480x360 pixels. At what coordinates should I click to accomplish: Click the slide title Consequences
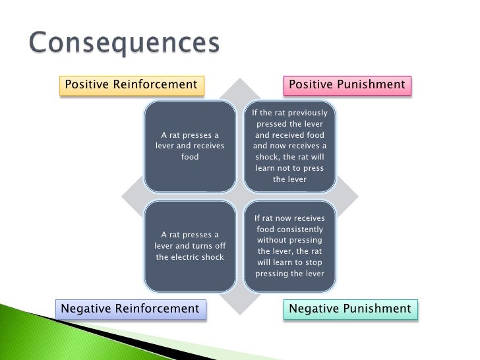pyautogui.click(x=124, y=44)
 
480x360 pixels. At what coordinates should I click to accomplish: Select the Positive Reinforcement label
pyautogui.click(x=131, y=85)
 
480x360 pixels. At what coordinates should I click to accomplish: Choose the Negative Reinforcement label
pyautogui.click(x=130, y=309)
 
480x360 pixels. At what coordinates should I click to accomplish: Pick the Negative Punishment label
pyautogui.click(x=350, y=309)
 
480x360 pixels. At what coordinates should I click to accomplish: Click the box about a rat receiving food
pyautogui.click(x=190, y=146)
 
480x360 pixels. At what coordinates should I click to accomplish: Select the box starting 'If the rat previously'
pyautogui.click(x=289, y=146)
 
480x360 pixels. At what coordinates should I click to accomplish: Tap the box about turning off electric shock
pyautogui.click(x=190, y=245)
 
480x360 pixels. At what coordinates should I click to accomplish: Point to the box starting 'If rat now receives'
pyautogui.click(x=289, y=245)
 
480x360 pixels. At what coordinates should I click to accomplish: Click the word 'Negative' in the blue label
pyautogui.click(x=86, y=309)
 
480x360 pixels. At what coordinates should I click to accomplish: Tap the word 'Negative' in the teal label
pyautogui.click(x=314, y=309)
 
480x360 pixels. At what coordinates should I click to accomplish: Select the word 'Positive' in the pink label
pyautogui.click(x=312, y=85)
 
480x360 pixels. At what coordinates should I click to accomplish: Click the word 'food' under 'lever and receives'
pyautogui.click(x=190, y=158)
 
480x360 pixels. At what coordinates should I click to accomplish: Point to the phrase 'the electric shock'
pyautogui.click(x=190, y=257)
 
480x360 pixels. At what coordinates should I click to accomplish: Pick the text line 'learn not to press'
pyautogui.click(x=289, y=168)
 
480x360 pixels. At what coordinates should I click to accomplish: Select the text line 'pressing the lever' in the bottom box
pyautogui.click(x=289, y=274)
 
